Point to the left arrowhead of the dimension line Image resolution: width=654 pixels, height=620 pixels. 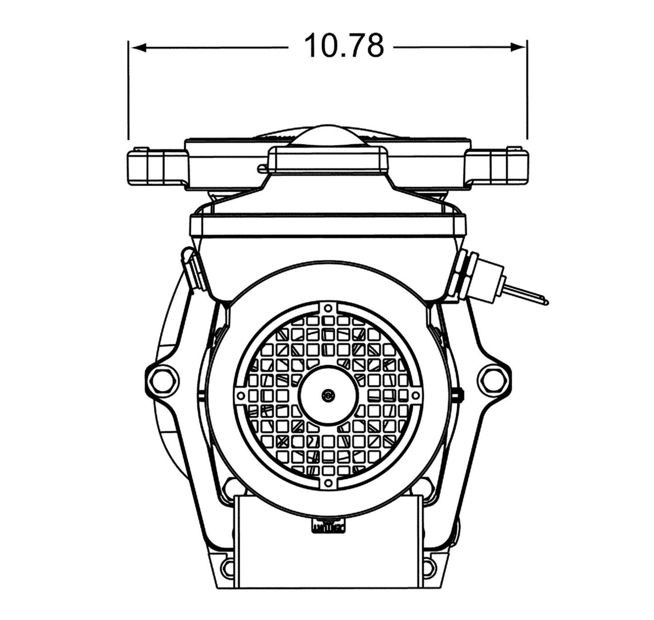pyautogui.click(x=138, y=48)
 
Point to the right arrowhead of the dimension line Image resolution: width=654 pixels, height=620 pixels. pyautogui.click(x=518, y=48)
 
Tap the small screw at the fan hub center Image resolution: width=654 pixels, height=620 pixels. pyautogui.click(x=327, y=395)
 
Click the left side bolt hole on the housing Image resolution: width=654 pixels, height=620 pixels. pyautogui.click(x=162, y=380)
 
